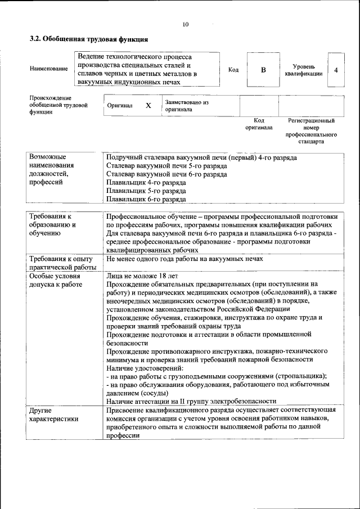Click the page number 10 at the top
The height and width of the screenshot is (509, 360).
(x=186, y=24)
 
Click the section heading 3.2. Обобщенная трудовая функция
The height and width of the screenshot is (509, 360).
(x=89, y=40)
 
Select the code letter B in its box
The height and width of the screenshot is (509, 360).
(x=263, y=70)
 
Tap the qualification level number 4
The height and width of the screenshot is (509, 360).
(x=336, y=70)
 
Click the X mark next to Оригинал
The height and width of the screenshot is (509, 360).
(x=148, y=105)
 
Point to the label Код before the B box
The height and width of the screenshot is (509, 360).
(x=233, y=70)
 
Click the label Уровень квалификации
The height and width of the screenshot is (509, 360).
(x=303, y=70)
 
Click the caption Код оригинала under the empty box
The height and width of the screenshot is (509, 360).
(x=259, y=124)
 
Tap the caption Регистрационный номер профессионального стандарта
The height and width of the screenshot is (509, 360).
(x=311, y=131)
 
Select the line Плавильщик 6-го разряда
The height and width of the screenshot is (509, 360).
(x=146, y=199)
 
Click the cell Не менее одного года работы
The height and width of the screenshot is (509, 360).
(x=184, y=259)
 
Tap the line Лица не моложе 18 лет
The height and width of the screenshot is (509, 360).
(x=142, y=276)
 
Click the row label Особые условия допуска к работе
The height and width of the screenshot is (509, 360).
(x=55, y=280)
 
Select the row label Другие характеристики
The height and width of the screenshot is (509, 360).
(x=54, y=415)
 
